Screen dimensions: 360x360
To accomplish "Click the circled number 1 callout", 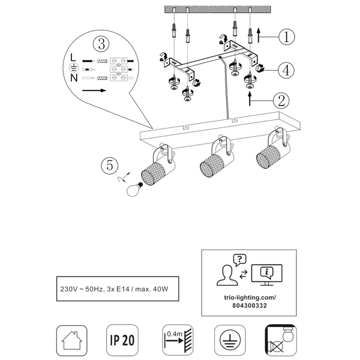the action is point(287,37).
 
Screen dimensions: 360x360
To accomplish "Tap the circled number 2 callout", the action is point(281,101).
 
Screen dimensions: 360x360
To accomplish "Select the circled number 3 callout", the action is point(101,44).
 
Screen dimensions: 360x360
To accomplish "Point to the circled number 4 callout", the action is point(286,70).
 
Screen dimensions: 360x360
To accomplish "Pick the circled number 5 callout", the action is point(110,166).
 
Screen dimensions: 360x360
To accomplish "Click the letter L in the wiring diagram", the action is point(73,57).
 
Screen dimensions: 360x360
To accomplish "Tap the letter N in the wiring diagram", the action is point(74,78).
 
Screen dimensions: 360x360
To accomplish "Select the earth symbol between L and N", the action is point(74,67).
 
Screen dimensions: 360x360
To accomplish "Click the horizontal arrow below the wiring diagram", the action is point(94,91).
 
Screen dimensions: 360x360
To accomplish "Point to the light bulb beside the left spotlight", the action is point(134,190).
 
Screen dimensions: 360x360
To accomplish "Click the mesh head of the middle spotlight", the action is point(212,164).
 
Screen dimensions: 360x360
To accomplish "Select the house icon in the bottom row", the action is point(72,340).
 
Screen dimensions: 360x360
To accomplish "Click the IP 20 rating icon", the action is point(122,340).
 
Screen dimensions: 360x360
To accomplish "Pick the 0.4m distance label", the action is point(175,334).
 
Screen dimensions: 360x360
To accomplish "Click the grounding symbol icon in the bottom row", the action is point(230,340).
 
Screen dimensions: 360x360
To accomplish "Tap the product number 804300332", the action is point(250,305).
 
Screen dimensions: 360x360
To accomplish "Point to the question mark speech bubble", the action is point(239,260).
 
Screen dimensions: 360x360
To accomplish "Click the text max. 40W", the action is point(152,289).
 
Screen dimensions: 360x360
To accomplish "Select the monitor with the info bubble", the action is point(267,275).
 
